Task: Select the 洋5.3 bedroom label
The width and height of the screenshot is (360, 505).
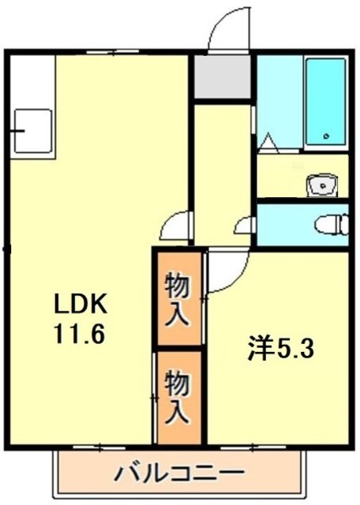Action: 281,349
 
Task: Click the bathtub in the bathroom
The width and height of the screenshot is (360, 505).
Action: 325,103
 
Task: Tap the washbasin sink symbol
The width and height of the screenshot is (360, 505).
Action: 322,186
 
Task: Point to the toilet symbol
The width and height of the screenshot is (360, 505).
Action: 330,224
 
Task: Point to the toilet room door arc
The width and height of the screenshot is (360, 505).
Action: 246,224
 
